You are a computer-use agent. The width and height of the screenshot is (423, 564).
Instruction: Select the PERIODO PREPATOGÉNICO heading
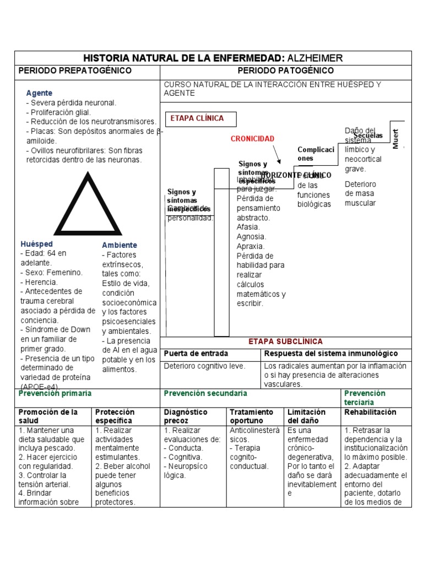(75, 71)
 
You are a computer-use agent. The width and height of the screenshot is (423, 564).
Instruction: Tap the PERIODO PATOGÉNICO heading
(285, 71)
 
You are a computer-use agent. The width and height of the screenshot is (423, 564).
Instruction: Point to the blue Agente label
(39, 94)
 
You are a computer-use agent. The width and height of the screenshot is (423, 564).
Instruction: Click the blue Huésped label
(37, 243)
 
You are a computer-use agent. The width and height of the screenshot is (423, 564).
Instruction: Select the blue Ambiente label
(120, 245)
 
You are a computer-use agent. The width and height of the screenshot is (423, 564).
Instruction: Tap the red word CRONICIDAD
(252, 139)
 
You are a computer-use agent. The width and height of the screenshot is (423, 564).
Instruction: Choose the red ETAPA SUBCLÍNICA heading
(285, 341)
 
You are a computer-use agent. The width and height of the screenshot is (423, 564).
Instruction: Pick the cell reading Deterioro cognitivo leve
(205, 366)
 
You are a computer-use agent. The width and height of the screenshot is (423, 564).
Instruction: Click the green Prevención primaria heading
(55, 394)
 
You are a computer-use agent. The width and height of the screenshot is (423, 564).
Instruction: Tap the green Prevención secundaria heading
(205, 394)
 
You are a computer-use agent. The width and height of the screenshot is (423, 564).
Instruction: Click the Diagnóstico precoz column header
(186, 416)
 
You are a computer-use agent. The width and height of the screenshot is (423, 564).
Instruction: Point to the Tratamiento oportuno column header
(252, 416)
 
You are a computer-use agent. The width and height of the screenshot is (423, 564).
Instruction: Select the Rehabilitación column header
(370, 412)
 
